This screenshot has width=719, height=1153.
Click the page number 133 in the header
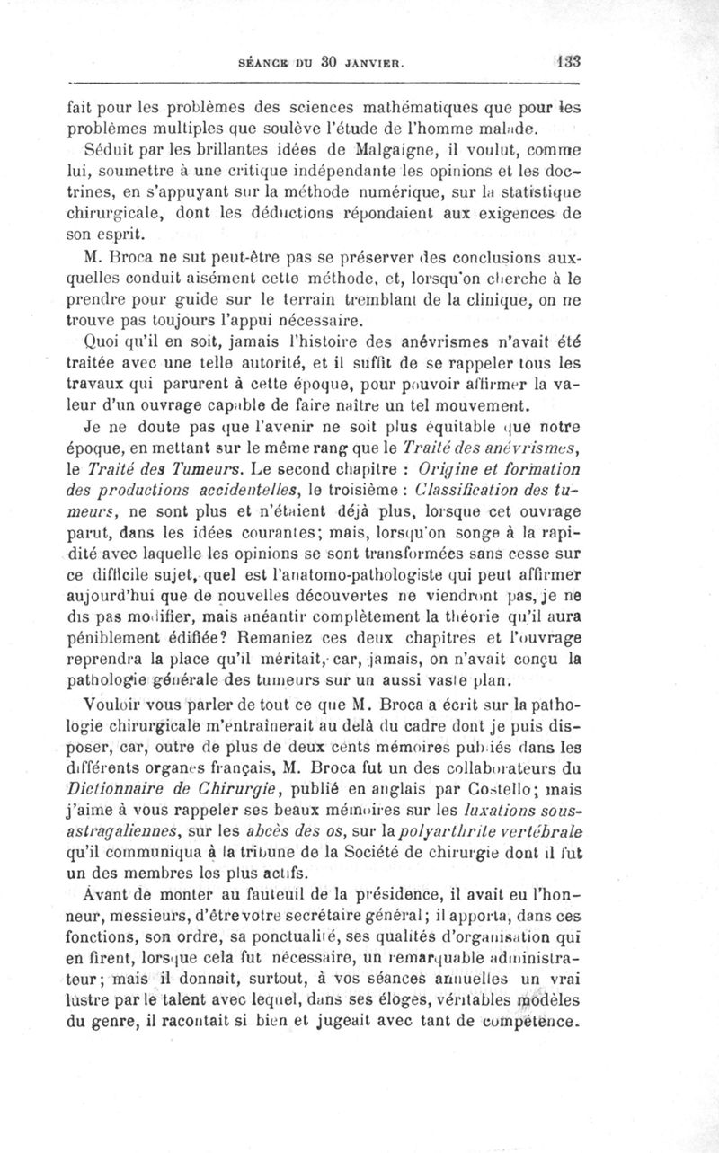click(568, 63)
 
